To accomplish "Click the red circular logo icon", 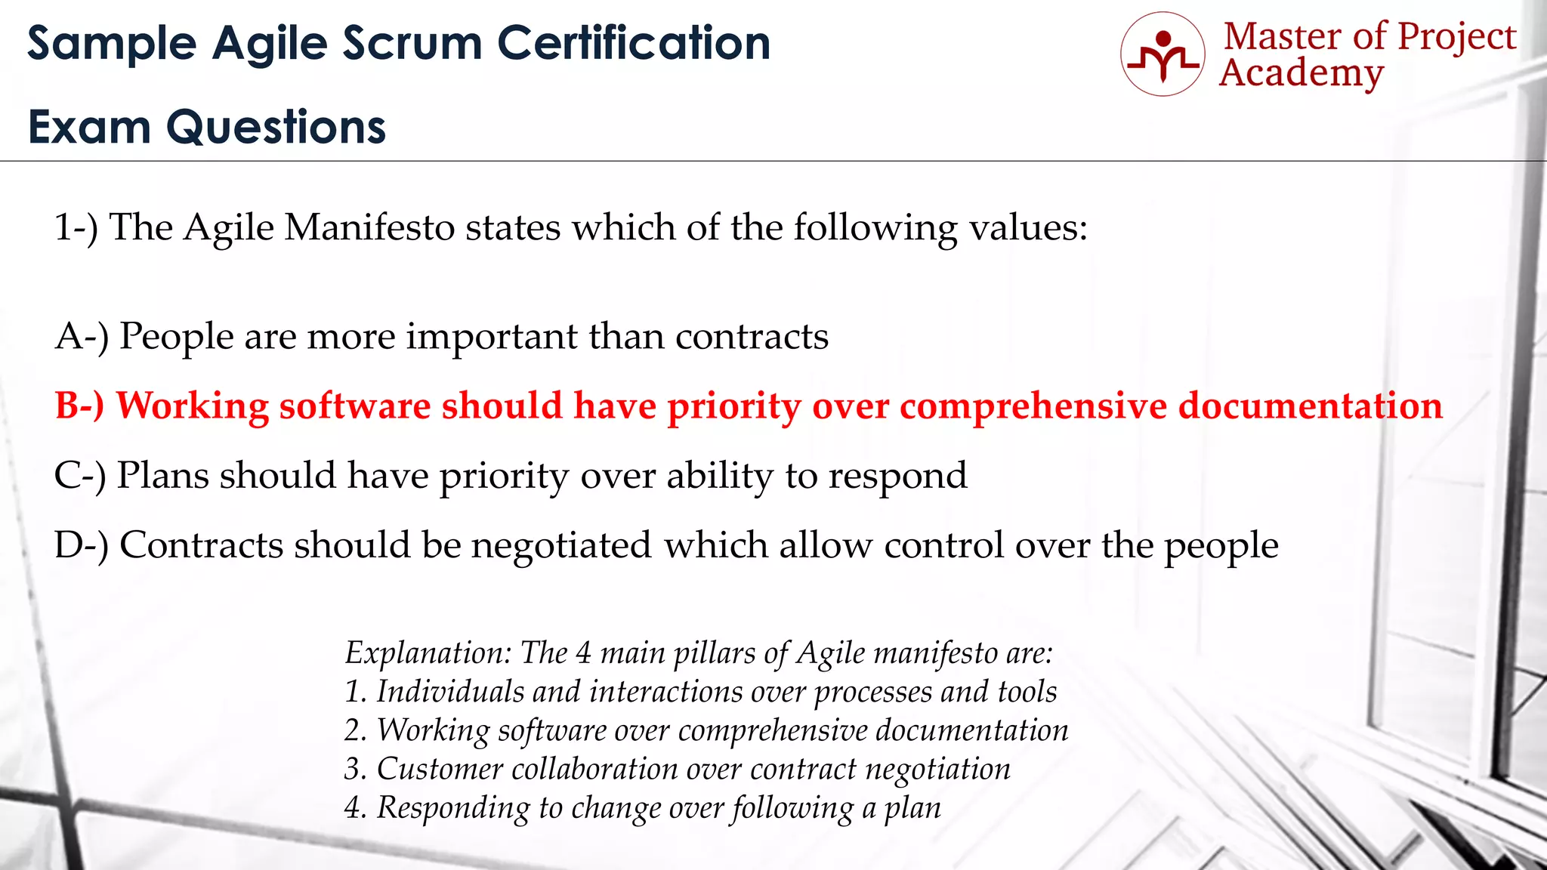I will coord(1163,54).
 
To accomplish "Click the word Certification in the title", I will coord(634,43).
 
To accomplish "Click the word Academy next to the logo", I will coord(1302,74).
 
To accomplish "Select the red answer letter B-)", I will coord(79,406).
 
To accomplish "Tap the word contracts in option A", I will coord(752,336).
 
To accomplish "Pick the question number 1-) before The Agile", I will coord(76,227).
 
